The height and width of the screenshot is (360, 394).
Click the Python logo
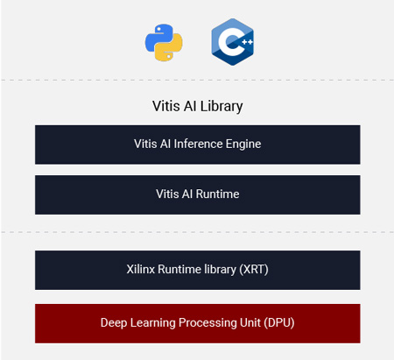tap(164, 43)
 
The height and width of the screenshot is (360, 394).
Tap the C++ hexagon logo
tap(233, 42)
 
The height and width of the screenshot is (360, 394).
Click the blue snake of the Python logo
tap(159, 38)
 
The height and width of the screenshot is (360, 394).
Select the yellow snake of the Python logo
tap(169, 48)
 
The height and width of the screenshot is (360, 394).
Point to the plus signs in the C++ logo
tap(247, 42)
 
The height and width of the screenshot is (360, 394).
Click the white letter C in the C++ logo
tap(230, 42)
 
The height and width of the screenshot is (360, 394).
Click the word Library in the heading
tap(222, 106)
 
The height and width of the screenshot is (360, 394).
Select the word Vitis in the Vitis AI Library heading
tap(165, 106)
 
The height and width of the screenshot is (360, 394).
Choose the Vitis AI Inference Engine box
tap(198, 145)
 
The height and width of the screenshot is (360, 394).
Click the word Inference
tap(198, 144)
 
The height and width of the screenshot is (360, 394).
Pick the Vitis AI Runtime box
tap(198, 194)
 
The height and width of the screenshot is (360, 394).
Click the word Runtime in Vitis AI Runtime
tap(217, 194)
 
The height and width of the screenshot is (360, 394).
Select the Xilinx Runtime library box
tap(198, 270)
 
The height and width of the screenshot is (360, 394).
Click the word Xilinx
tap(141, 269)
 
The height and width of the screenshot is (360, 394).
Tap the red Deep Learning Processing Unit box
tap(198, 323)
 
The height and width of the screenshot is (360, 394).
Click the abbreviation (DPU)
tap(279, 323)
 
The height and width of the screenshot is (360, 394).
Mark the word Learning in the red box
tap(152, 323)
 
